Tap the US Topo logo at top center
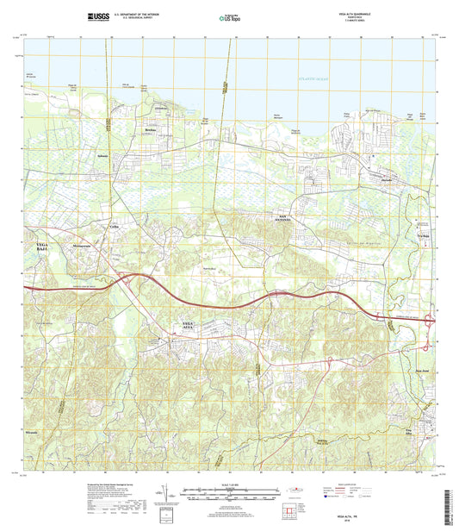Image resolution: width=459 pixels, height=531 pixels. (x=228, y=17)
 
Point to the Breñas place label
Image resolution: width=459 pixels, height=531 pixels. (x=151, y=129)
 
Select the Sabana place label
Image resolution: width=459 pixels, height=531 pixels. (x=105, y=156)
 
